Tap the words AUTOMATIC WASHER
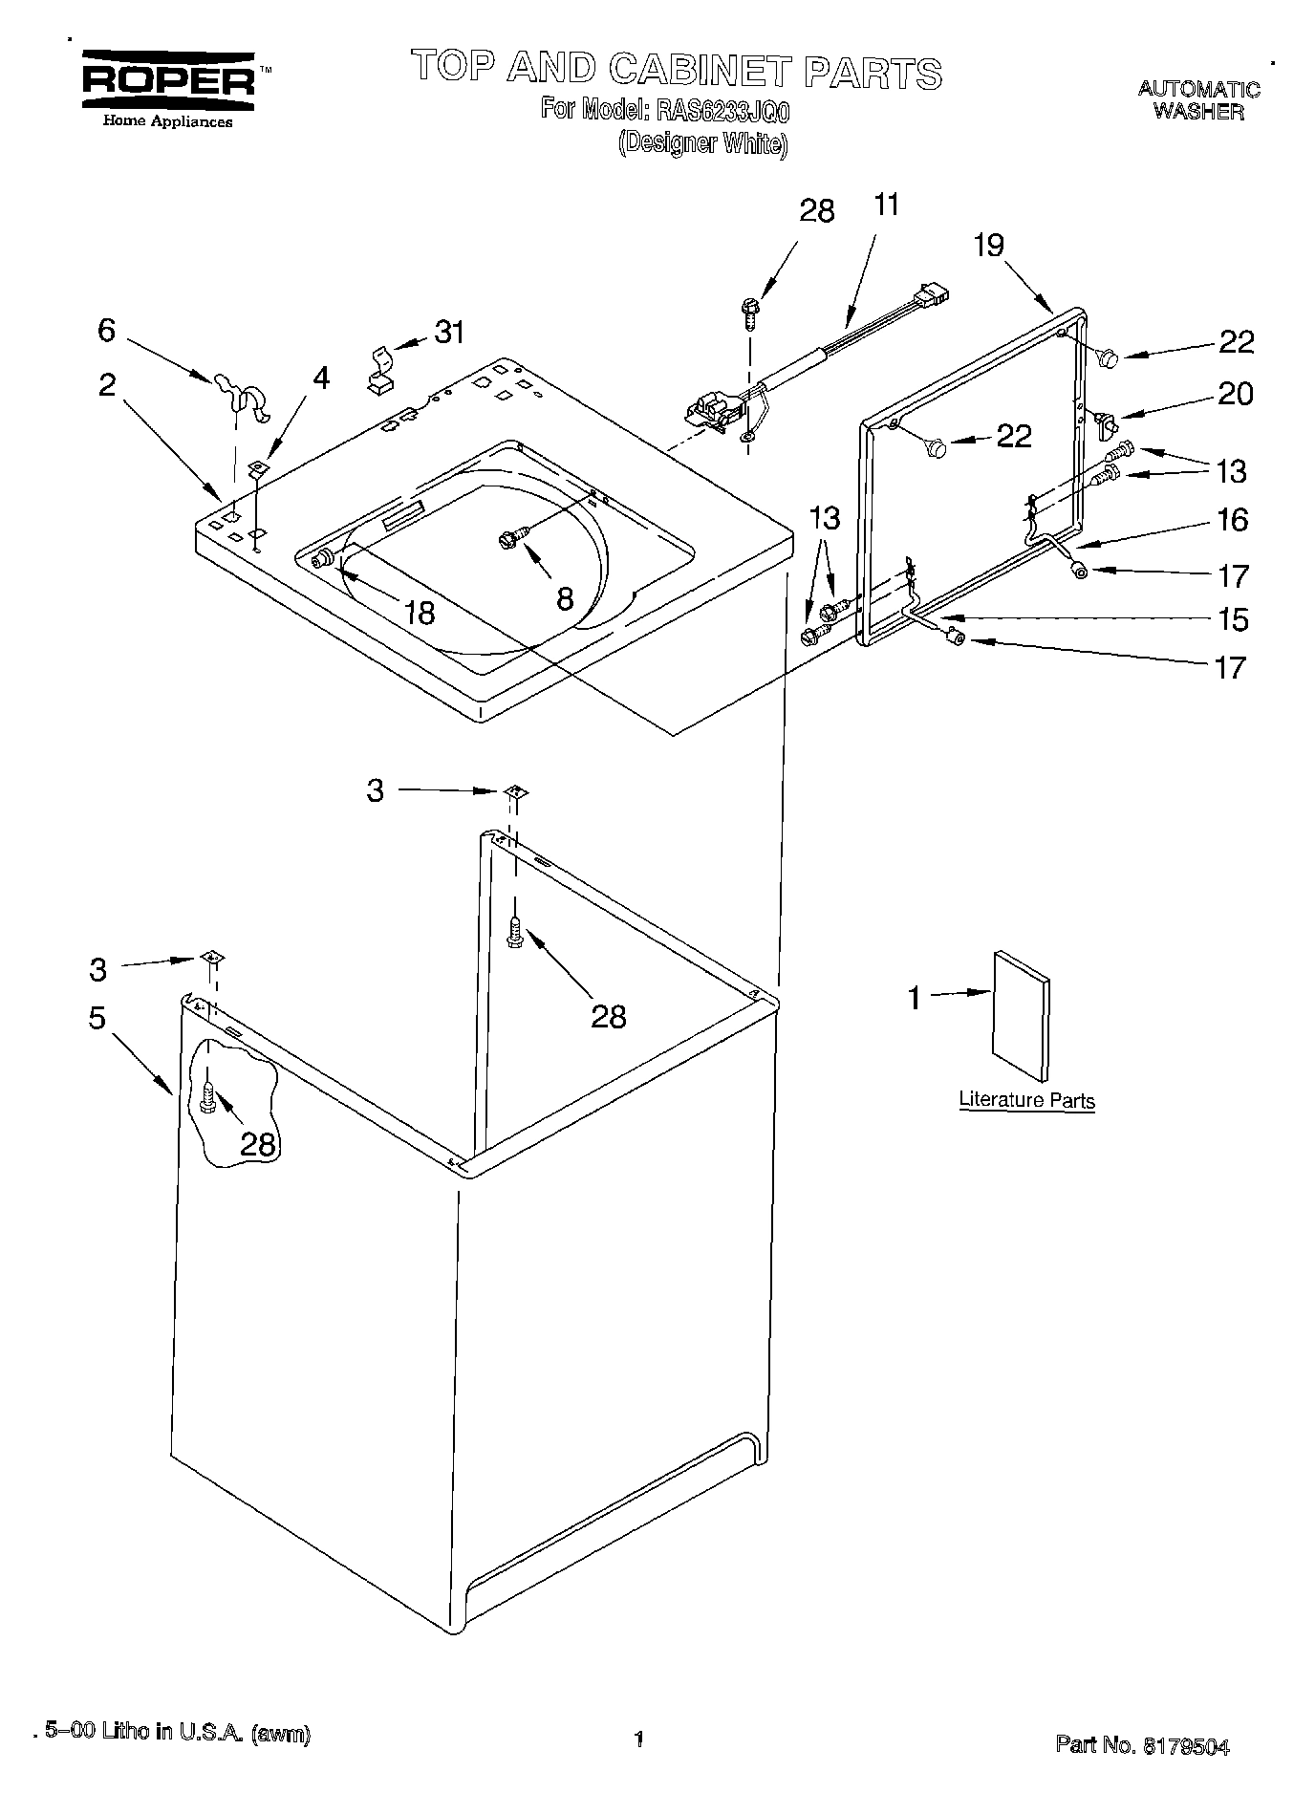(1198, 100)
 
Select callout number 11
(886, 205)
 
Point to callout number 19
(989, 246)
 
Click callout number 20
(1236, 394)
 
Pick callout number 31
(449, 333)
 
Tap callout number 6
(106, 330)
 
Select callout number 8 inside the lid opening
(565, 599)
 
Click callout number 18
(420, 613)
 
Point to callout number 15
(1235, 619)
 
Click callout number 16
(1233, 520)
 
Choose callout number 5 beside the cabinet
(97, 1018)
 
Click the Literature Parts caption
(1026, 1100)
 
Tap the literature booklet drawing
(1021, 1006)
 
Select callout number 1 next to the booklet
(915, 998)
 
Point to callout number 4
(321, 378)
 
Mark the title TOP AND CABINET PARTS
(677, 72)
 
